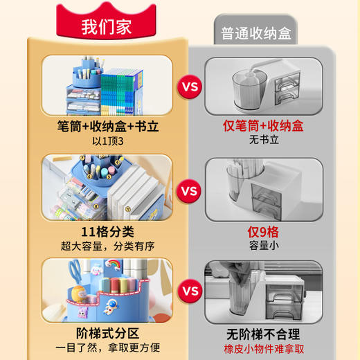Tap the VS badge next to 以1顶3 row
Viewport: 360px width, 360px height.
coord(189,87)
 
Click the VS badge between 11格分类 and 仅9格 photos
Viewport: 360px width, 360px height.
coord(189,190)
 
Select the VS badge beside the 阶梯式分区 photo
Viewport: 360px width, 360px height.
coord(189,291)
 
